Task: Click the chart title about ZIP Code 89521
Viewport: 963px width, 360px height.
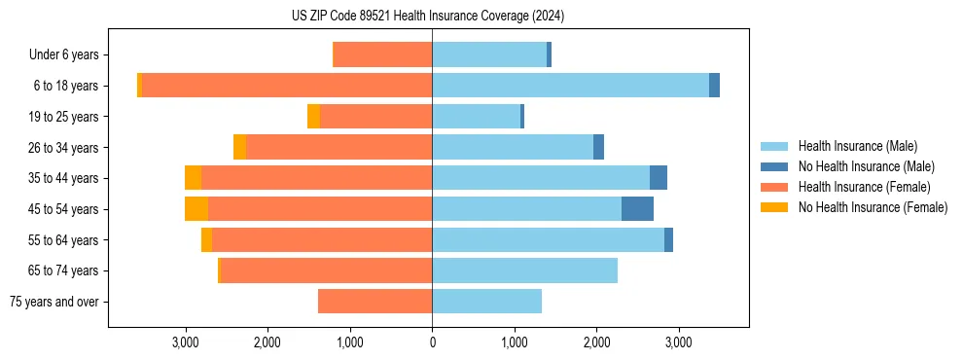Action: click(x=428, y=17)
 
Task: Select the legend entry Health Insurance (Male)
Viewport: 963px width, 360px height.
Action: click(x=857, y=146)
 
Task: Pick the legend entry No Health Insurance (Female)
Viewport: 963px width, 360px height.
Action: click(x=872, y=207)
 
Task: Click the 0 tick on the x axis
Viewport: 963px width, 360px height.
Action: click(x=432, y=342)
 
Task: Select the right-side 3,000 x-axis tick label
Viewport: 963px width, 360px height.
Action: click(x=679, y=342)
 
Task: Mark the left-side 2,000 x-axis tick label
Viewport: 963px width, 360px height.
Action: click(x=267, y=342)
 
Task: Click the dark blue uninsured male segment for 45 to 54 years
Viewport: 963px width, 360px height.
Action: click(x=637, y=209)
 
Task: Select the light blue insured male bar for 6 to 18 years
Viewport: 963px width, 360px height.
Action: click(x=570, y=86)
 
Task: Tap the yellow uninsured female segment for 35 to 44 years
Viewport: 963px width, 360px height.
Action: click(x=193, y=178)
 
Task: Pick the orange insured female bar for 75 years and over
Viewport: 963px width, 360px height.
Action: click(x=374, y=302)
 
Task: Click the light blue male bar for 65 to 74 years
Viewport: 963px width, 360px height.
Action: click(x=524, y=270)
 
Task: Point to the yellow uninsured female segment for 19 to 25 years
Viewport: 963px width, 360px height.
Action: click(x=313, y=117)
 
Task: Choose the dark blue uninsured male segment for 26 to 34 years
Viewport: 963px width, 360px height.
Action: click(x=598, y=147)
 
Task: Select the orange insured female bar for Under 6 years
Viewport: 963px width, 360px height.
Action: click(x=382, y=55)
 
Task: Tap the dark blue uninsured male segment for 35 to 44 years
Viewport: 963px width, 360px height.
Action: click(x=659, y=178)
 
